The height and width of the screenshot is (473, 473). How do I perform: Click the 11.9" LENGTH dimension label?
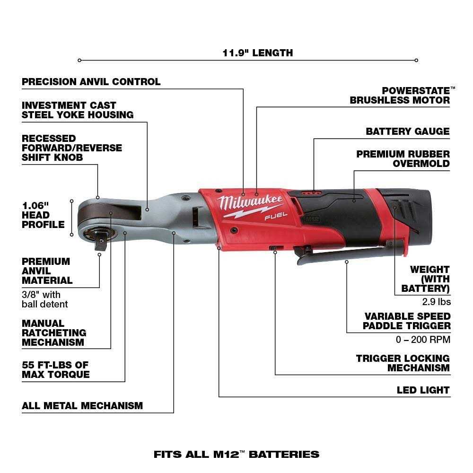258,53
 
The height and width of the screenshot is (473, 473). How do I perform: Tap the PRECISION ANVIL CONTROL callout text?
91,82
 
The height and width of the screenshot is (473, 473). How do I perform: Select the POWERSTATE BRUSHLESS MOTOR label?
400,95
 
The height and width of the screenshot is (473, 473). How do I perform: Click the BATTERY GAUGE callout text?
408,131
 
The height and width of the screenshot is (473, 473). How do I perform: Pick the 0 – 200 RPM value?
423,339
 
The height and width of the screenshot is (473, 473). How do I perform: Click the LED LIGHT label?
423,390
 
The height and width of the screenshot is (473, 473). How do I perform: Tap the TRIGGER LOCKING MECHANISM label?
403,363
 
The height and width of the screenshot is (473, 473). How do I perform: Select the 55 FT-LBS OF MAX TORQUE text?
56,370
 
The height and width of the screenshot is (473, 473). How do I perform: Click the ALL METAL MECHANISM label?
82,406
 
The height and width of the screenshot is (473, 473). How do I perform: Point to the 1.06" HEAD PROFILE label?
43,215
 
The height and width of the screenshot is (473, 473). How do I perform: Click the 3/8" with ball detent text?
45,299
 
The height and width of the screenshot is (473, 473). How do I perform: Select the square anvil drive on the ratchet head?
100,242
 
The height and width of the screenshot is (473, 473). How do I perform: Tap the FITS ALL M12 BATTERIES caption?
236,455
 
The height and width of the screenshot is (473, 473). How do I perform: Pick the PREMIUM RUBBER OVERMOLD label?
403,158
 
